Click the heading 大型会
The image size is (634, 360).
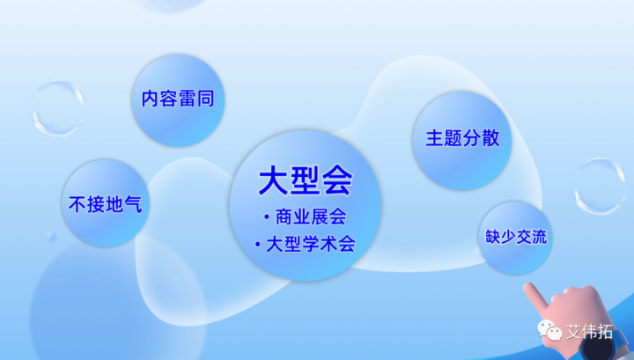point(305,180)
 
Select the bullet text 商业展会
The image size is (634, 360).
point(310,217)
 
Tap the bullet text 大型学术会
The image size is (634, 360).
point(310,245)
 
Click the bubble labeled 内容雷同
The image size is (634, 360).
point(178,99)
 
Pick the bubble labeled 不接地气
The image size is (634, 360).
point(105,203)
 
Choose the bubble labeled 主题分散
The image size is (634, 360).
point(462,138)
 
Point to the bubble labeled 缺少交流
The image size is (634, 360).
point(515,237)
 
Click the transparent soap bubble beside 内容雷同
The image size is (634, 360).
point(57,107)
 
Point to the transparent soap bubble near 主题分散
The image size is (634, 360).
point(600,186)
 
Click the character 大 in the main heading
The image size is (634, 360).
point(273,180)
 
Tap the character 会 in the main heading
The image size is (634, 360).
point(337,180)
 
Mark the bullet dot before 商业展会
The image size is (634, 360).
point(265,217)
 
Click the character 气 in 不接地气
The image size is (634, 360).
point(132,204)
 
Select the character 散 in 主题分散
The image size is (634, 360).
point(490,138)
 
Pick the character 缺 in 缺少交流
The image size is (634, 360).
point(493,237)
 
